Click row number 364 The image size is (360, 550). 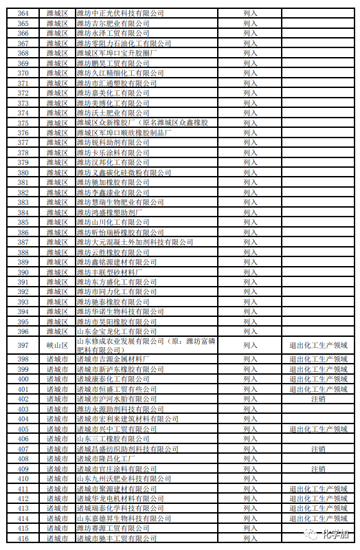pyautogui.click(x=23, y=13)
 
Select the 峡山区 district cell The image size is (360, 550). pyautogui.click(x=57, y=345)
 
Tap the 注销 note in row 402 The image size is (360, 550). pyautogui.click(x=318, y=399)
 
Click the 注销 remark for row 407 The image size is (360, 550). pyautogui.click(x=318, y=449)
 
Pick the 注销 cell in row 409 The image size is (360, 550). pyautogui.click(x=318, y=469)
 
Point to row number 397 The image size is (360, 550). pyautogui.click(x=23, y=345)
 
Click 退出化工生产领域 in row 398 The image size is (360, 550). pyautogui.click(x=318, y=359)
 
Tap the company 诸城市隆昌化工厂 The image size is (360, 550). pyautogui.click(x=106, y=459)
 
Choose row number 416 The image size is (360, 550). pyautogui.click(x=23, y=538)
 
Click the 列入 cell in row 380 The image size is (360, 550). pyautogui.click(x=250, y=173)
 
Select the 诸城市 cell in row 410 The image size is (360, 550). pyautogui.click(x=57, y=478)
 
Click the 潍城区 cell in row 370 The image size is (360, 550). pyautogui.click(x=57, y=73)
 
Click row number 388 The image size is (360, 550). pyautogui.click(x=23, y=252)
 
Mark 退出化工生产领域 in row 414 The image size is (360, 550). pyautogui.click(x=318, y=518)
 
